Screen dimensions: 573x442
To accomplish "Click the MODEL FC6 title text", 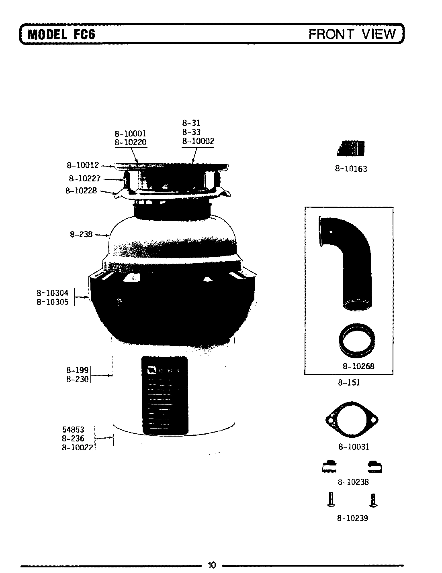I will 61,35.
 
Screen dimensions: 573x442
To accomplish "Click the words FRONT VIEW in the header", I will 352,34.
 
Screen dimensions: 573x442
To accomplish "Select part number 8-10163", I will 351,169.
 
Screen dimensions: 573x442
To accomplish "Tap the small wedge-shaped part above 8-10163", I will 352,149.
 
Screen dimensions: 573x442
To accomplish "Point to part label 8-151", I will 349,382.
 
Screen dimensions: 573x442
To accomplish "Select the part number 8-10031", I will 353,447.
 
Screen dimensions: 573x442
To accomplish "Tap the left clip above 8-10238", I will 329,467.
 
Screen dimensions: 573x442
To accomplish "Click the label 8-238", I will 81,234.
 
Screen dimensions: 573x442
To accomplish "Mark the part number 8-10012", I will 82,165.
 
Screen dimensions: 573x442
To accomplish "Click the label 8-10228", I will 81,191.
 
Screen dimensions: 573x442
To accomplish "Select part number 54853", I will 73,430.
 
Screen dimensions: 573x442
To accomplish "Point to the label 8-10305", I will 52,302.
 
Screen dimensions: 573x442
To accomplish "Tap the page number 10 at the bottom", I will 212,565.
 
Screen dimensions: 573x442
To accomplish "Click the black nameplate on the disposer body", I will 164,395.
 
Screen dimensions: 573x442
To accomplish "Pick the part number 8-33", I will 191,132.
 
